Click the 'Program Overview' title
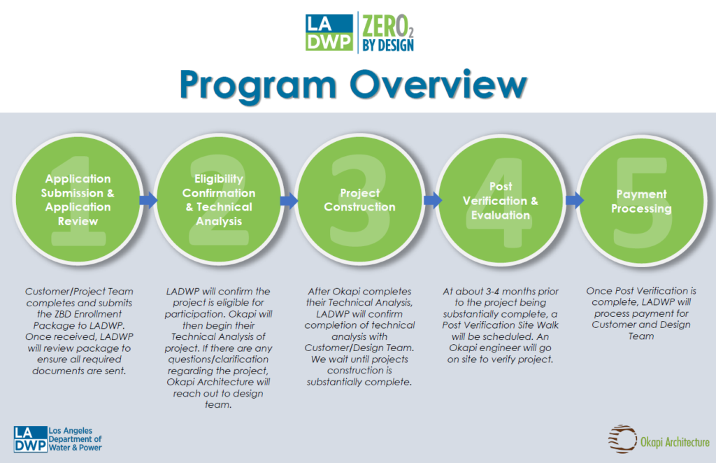[353, 85]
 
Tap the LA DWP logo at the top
[329, 32]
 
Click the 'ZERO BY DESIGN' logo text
[388, 33]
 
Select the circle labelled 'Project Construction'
[360, 200]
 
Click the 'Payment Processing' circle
[642, 200]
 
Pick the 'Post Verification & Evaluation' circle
[501, 200]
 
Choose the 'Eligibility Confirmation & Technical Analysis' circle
[219, 200]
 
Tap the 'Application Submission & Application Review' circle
[78, 200]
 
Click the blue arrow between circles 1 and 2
[148, 200]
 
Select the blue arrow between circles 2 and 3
[289, 200]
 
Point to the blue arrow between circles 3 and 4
[433, 200]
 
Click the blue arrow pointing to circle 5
[575, 200]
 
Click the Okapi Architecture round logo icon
[622, 439]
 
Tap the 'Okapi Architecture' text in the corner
[675, 442]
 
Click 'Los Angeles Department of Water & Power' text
[75, 439]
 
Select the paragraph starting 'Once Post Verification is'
[641, 313]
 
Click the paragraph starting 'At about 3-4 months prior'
[501, 325]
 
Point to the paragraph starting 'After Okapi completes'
[360, 336]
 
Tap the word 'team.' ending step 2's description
[218, 404]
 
